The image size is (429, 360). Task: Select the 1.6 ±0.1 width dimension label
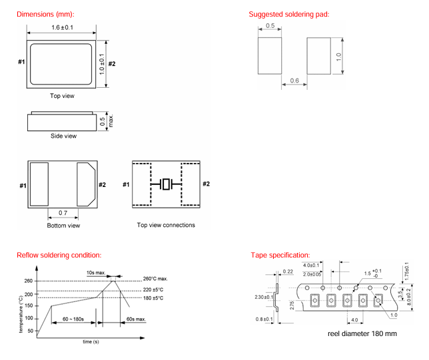pyautogui.click(x=61, y=27)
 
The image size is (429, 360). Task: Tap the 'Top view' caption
pyautogui.click(x=62, y=96)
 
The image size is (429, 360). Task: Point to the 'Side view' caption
pyautogui.click(x=63, y=136)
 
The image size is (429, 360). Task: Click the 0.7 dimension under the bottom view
pyautogui.click(x=62, y=212)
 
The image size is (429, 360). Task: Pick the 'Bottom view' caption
pyautogui.click(x=63, y=226)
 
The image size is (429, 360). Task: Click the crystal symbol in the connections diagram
pyautogui.click(x=167, y=184)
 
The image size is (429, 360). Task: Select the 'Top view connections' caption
pyautogui.click(x=166, y=226)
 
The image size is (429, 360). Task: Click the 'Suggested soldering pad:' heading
pyautogui.click(x=289, y=14)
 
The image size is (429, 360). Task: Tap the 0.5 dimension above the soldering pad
pyautogui.click(x=270, y=26)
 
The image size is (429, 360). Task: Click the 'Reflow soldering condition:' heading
pyautogui.click(x=59, y=255)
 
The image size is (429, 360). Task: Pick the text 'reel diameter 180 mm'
pyautogui.click(x=362, y=333)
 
